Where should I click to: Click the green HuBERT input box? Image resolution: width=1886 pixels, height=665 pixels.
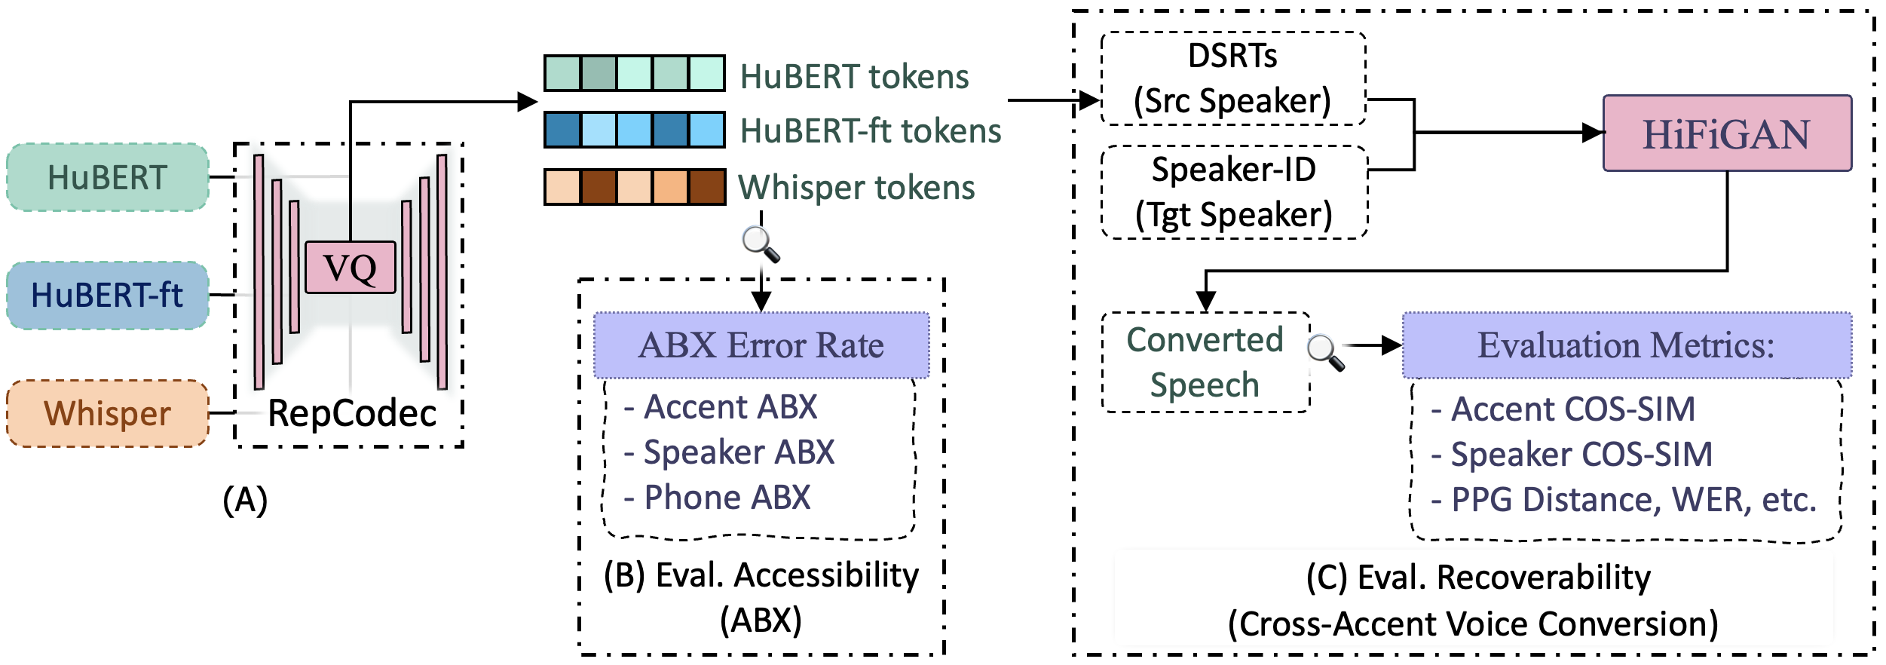108,177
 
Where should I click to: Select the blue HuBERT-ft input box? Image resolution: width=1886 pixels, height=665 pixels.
108,295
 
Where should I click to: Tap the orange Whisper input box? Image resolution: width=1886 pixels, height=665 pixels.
108,413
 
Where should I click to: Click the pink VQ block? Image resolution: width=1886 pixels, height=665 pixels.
350,268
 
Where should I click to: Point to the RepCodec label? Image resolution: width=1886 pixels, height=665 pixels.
352,413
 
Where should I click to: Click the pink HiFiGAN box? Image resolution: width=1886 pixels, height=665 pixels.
1726,133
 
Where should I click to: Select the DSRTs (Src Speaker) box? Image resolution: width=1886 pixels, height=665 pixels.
1233,78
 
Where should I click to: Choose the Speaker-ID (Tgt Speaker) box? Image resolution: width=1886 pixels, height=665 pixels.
1234,192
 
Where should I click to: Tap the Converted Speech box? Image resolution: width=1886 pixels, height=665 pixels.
1205,362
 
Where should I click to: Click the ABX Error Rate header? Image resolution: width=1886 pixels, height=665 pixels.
761,345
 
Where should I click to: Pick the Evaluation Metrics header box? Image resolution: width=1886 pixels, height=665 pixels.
1627,345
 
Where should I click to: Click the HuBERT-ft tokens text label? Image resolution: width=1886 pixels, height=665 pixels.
871,130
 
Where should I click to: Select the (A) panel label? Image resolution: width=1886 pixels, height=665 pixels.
245,500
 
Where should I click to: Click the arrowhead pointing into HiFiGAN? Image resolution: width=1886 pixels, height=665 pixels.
1593,133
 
